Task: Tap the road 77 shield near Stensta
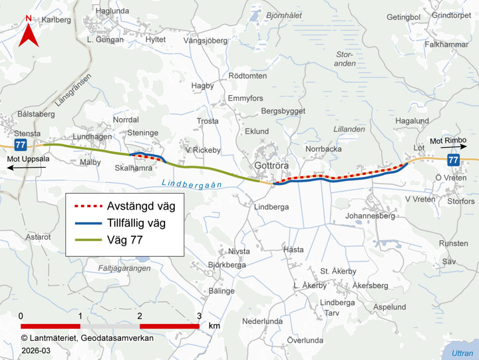(x=21, y=144)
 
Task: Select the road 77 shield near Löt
(x=453, y=160)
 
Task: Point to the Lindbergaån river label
(x=192, y=185)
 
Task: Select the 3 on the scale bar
(x=200, y=315)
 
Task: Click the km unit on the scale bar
(x=214, y=327)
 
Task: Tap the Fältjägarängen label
(x=124, y=268)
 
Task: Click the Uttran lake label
(x=461, y=353)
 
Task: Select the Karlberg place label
(x=56, y=20)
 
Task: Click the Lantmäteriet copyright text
(x=86, y=338)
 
